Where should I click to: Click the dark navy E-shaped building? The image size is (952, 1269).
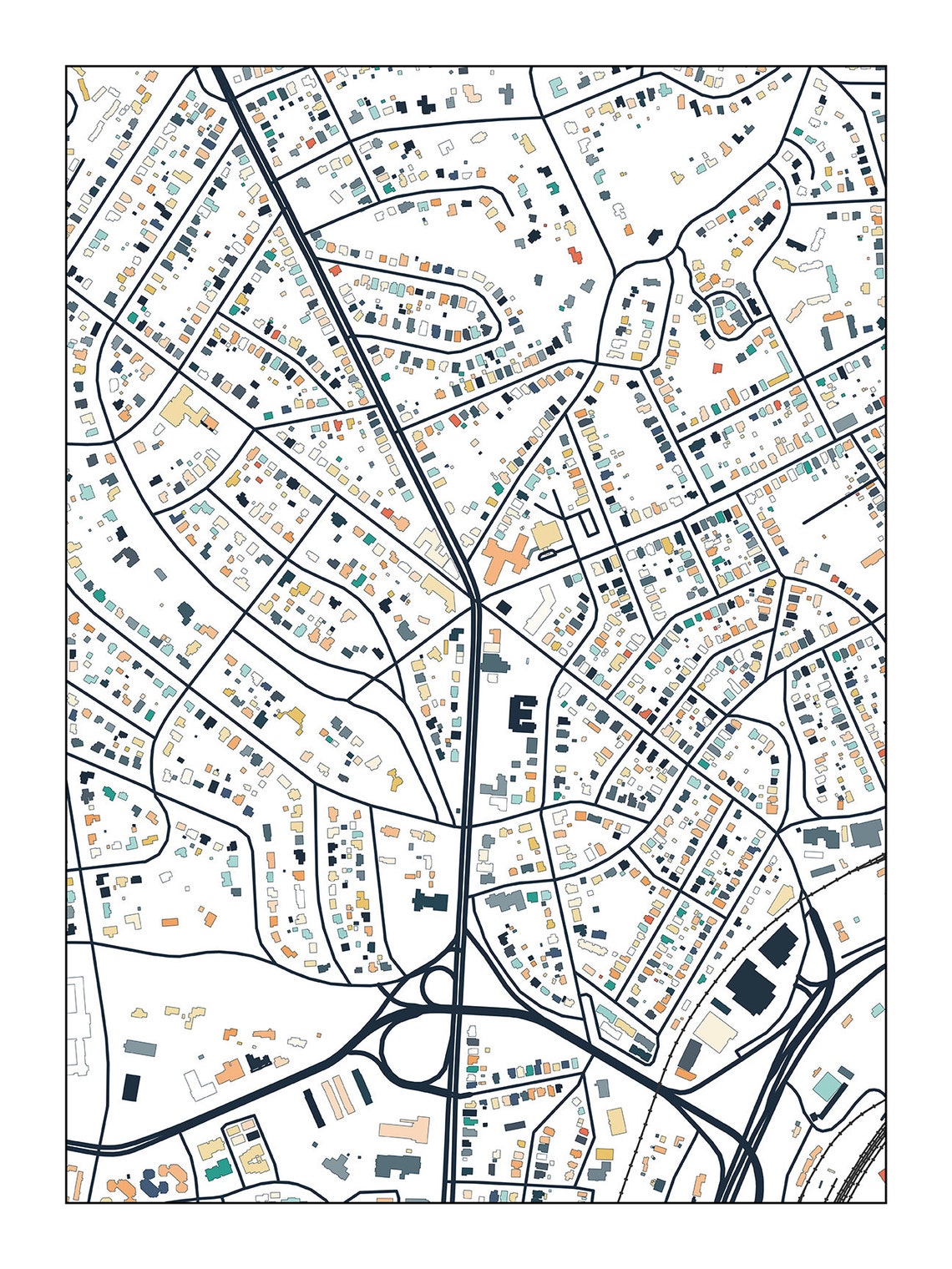(x=524, y=715)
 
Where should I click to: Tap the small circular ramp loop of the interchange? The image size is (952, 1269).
(x=436, y=986)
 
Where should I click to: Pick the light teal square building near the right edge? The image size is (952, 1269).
(x=828, y=1086)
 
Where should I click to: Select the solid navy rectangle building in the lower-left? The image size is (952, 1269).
(x=131, y=1086)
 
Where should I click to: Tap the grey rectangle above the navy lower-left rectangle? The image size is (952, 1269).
(x=139, y=1048)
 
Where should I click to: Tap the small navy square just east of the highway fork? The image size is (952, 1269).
(x=504, y=607)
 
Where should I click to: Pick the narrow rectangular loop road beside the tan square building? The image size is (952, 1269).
(x=588, y=523)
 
